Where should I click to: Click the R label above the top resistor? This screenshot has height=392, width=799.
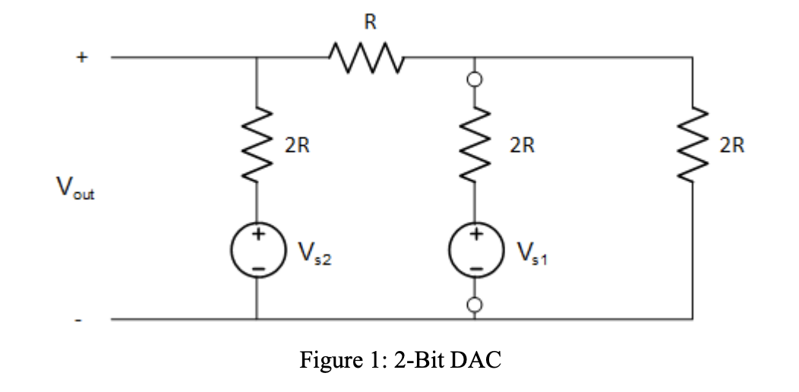369,23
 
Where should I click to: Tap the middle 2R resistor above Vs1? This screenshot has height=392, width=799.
475,144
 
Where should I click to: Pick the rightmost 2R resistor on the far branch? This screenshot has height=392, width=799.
692,144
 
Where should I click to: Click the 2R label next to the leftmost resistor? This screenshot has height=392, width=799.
297,145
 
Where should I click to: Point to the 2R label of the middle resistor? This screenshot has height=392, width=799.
522,145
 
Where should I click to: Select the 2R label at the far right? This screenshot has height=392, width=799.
732,145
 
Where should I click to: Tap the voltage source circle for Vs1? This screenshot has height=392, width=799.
475,252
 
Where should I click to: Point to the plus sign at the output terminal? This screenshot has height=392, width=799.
81,57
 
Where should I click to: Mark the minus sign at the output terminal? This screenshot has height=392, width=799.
79,320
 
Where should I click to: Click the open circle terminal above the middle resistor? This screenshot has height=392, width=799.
475,78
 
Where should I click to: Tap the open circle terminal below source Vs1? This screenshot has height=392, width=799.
475,305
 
